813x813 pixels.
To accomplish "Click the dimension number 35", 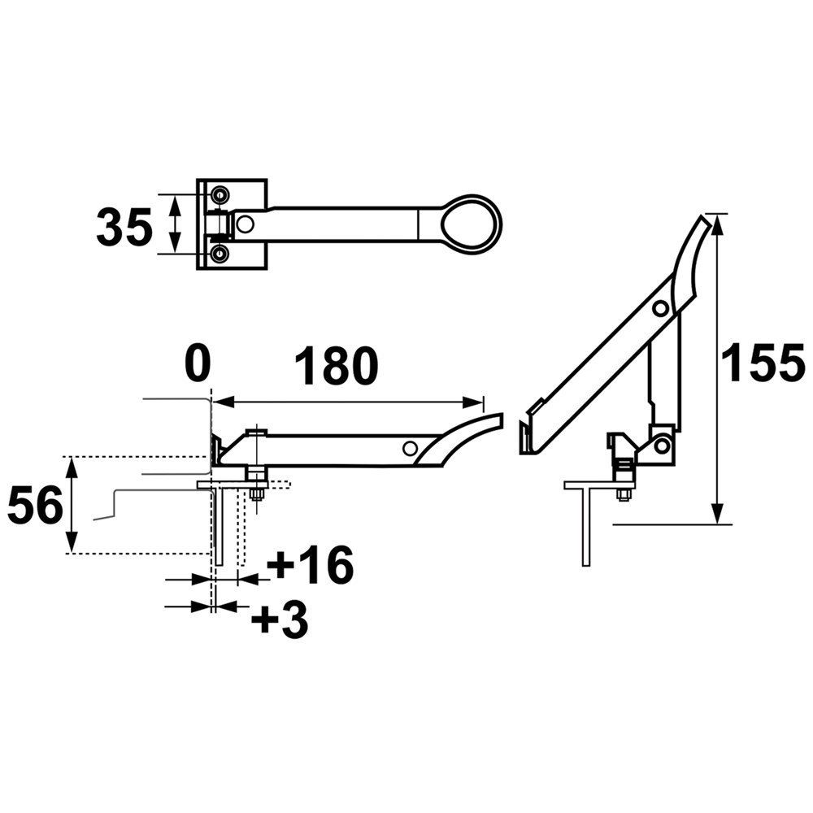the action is pyautogui.click(x=124, y=226).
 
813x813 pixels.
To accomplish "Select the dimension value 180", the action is pyautogui.click(x=337, y=365).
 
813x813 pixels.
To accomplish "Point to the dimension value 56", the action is pyautogui.click(x=35, y=505).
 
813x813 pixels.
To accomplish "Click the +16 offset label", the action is pyautogui.click(x=310, y=565).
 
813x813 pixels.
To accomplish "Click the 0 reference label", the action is pyautogui.click(x=198, y=364).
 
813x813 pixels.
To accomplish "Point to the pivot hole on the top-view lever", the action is pyautogui.click(x=244, y=224).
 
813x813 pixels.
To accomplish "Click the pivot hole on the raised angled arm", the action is pyautogui.click(x=660, y=308).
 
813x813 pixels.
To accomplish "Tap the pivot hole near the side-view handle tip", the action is pyautogui.click(x=411, y=448).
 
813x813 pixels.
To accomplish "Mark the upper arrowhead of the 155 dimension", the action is pyautogui.click(x=716, y=224).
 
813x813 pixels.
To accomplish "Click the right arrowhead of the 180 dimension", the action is pyautogui.click(x=472, y=402).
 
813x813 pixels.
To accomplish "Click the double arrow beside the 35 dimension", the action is pyautogui.click(x=176, y=224).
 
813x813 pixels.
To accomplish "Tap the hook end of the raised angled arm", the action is pyautogui.click(x=530, y=428).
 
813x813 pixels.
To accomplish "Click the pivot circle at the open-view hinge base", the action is pyautogui.click(x=661, y=445).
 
